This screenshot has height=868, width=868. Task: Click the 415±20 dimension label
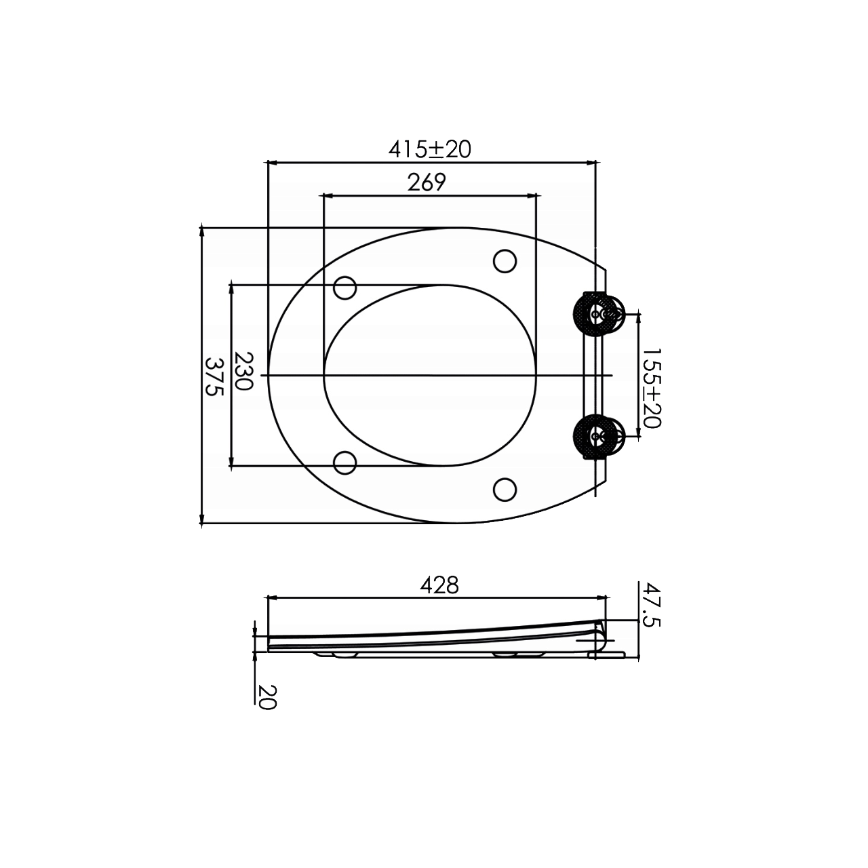(x=430, y=149)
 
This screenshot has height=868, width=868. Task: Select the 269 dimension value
(x=427, y=182)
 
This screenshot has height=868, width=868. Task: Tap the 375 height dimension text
(x=214, y=376)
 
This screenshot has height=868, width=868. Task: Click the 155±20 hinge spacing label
(x=651, y=388)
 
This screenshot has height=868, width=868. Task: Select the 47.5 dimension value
(x=650, y=604)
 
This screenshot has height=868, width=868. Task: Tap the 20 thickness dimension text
(x=266, y=698)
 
